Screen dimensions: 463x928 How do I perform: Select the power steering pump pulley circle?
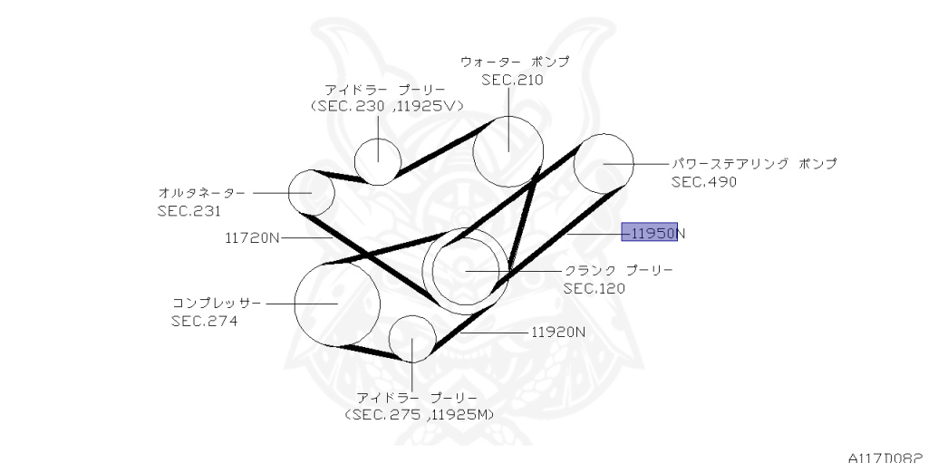click(x=603, y=163)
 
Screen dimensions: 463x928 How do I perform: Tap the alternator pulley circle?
click(x=312, y=192)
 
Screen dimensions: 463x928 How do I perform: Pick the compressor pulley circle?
click(x=336, y=304)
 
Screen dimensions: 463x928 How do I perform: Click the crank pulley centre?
click(x=465, y=269)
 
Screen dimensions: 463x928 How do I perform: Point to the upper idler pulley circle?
click(x=377, y=159)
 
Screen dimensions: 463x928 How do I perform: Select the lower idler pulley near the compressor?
click(x=412, y=338)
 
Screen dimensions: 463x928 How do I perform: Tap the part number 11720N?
click(x=252, y=238)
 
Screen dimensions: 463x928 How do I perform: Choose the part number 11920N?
click(x=558, y=332)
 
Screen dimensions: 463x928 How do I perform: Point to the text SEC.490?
click(x=704, y=181)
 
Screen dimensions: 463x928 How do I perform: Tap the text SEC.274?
click(x=204, y=320)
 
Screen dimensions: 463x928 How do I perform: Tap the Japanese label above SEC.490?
click(x=754, y=164)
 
